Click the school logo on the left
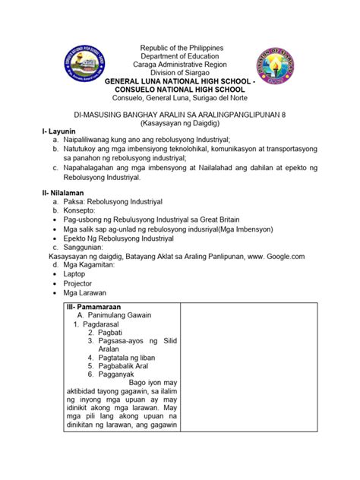coord(86,63)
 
